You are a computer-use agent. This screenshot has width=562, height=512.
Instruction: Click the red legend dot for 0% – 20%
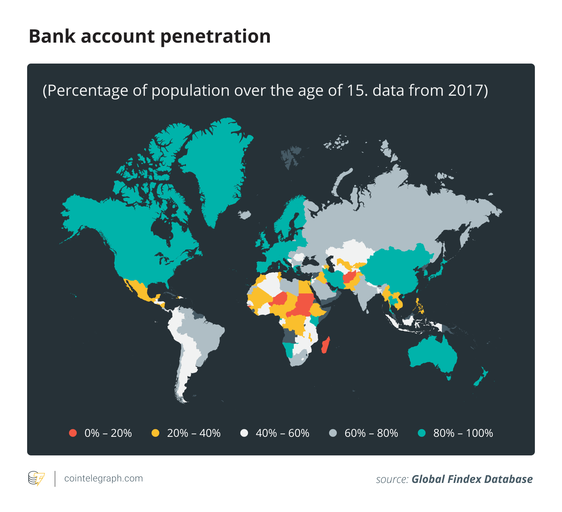pos(73,433)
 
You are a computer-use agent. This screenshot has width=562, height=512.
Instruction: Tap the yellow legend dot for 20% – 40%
pos(155,433)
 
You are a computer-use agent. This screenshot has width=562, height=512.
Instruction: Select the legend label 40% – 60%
pos(282,433)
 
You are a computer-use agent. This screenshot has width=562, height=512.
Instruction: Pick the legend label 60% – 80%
pos(371,433)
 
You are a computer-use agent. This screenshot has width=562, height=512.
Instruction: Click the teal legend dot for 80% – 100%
pos(422,433)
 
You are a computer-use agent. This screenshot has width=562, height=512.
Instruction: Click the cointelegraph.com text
pos(103,478)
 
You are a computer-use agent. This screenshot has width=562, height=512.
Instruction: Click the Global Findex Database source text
pos(472,479)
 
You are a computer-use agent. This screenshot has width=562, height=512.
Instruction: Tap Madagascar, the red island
pos(326,345)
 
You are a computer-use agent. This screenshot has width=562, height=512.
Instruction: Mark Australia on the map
pos(432,355)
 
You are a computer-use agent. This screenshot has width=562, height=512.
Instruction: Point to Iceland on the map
pos(244,214)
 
